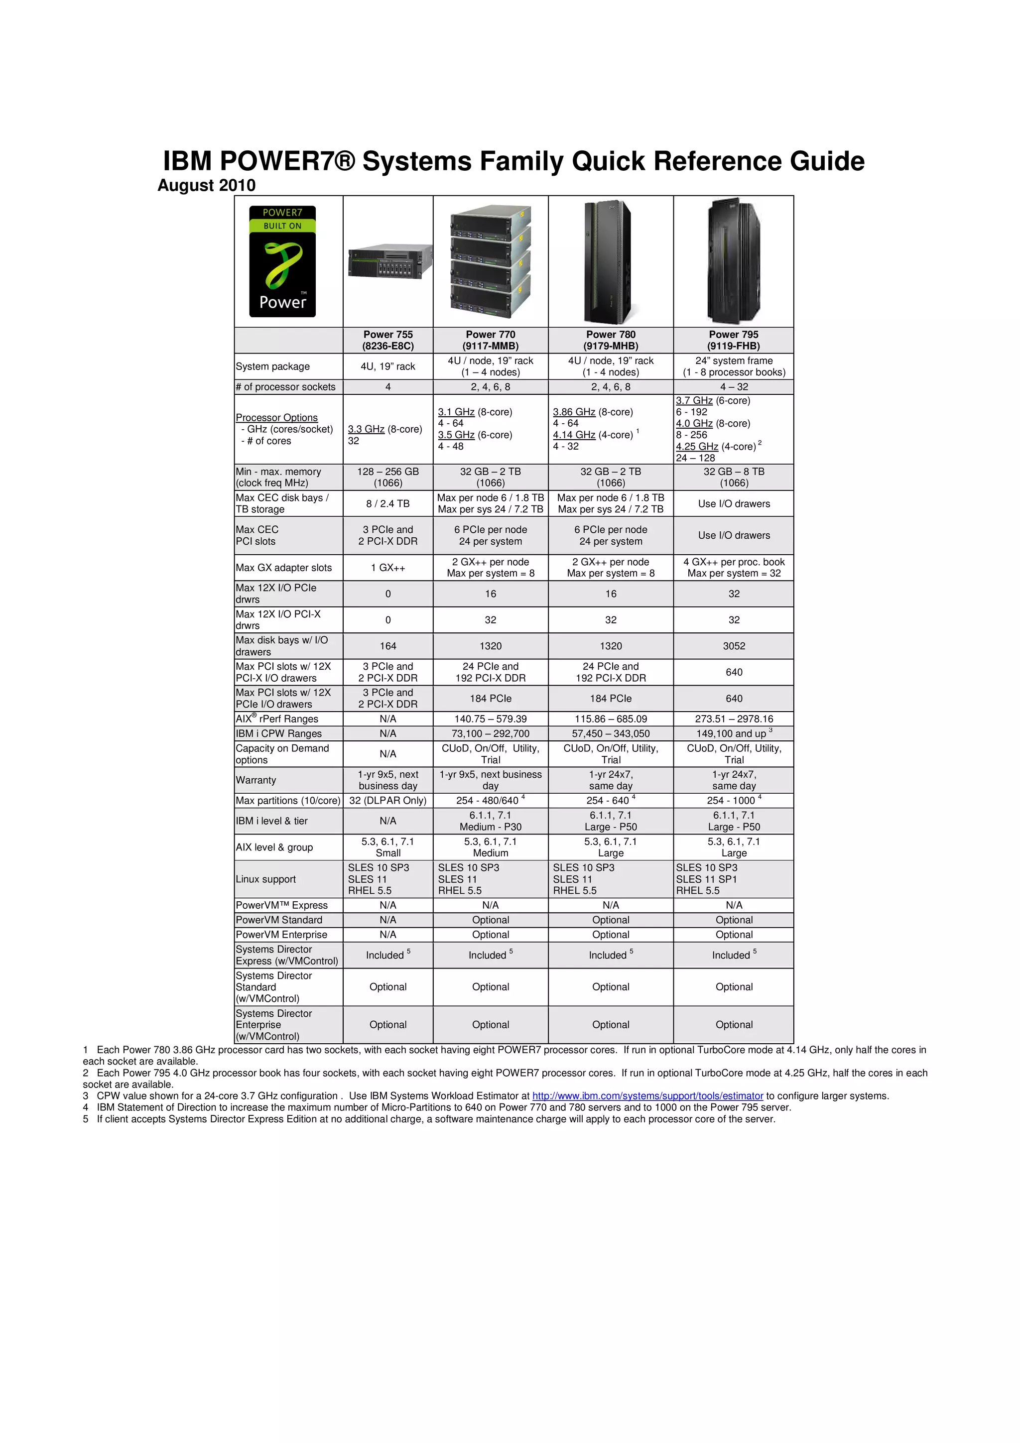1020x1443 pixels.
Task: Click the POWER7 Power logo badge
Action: point(282,261)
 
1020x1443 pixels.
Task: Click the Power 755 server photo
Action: point(389,261)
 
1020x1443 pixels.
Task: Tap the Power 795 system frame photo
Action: point(734,261)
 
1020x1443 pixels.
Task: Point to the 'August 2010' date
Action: point(206,185)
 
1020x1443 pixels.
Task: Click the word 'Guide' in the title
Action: point(827,161)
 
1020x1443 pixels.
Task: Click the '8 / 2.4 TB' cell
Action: point(388,503)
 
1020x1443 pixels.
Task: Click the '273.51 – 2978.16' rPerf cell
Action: point(734,719)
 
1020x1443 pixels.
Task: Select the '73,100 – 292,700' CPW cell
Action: point(490,733)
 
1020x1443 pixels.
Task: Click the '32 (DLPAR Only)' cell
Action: point(388,800)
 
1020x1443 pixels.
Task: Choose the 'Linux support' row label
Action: point(266,879)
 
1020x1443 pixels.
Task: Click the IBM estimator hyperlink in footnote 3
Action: point(647,1095)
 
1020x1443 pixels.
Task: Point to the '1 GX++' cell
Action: point(388,568)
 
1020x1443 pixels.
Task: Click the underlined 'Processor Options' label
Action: point(276,417)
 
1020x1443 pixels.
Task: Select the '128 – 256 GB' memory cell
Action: point(388,472)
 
